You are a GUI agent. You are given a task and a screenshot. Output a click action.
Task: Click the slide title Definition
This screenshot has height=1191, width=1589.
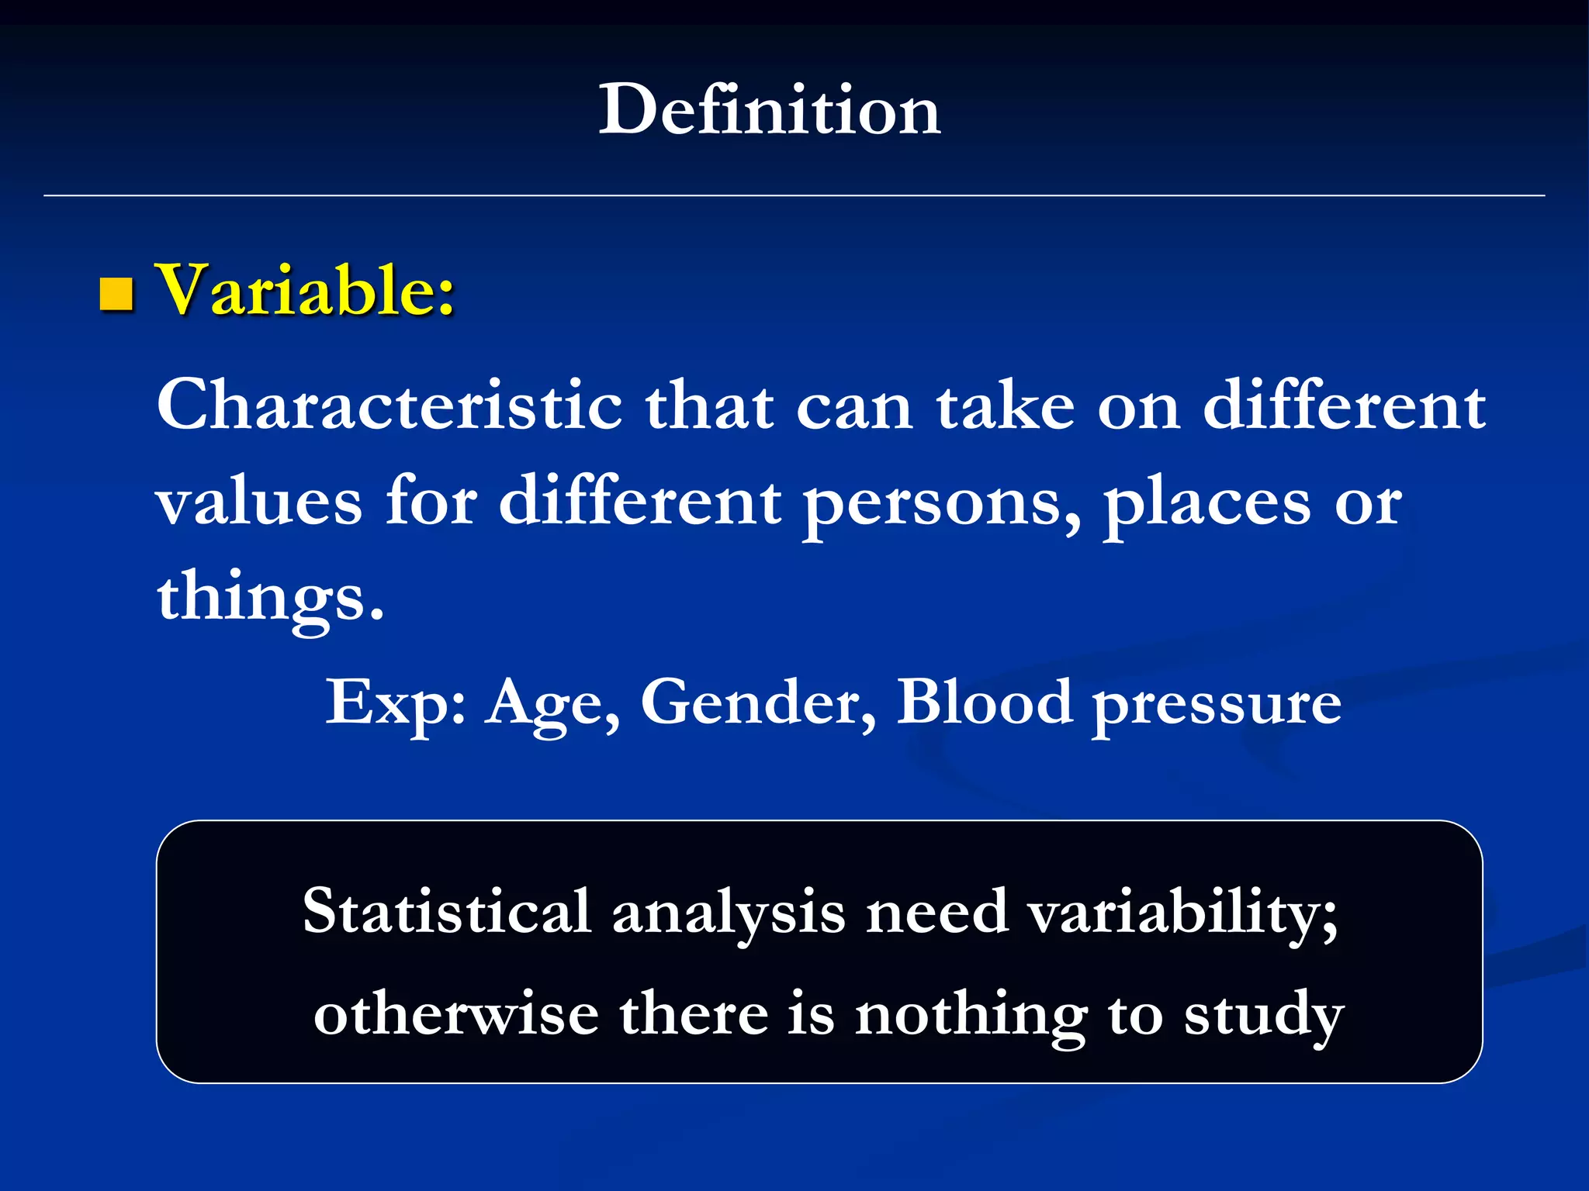[769, 110]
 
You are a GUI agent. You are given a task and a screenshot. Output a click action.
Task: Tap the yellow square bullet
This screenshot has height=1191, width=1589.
[116, 294]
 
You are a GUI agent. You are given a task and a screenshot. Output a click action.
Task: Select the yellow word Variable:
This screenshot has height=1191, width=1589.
[306, 290]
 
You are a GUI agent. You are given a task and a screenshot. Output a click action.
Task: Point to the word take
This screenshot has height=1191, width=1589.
[1006, 406]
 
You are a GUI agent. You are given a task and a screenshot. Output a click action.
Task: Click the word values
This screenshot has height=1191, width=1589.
[259, 502]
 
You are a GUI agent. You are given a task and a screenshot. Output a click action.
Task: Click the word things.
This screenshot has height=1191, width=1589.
[269, 598]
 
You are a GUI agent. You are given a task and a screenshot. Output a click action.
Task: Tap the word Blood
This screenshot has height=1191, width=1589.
[984, 701]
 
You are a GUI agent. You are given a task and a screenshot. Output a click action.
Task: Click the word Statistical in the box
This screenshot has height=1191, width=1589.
[447, 911]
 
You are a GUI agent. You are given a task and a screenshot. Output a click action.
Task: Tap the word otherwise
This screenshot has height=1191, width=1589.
[456, 1014]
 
